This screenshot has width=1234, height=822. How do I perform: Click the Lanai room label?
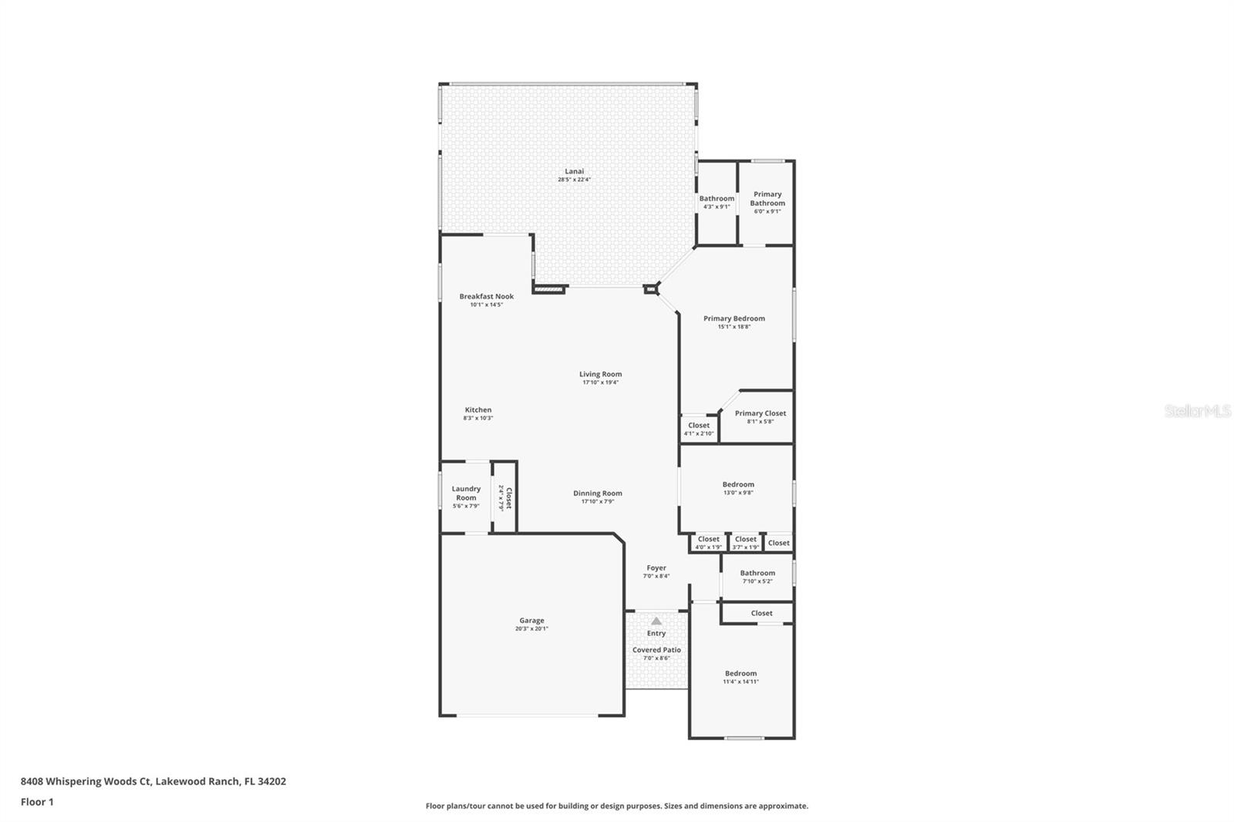point(574,171)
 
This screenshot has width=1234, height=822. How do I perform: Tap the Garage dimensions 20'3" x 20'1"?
point(531,629)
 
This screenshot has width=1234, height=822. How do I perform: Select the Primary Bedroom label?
point(733,318)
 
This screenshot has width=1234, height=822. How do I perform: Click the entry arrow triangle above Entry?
point(656,621)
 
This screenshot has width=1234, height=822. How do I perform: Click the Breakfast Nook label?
point(486,296)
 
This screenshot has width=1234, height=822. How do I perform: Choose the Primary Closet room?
point(760,416)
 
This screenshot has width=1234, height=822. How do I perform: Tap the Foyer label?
point(656,568)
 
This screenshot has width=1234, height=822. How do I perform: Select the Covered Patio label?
point(656,650)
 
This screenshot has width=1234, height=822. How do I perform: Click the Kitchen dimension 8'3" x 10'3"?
point(478,418)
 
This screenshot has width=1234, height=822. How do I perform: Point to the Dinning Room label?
point(597,494)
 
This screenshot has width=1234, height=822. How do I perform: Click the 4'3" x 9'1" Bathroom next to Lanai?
point(716,202)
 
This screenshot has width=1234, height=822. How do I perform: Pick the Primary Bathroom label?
point(767,199)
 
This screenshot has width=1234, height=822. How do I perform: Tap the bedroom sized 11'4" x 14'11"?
point(740,677)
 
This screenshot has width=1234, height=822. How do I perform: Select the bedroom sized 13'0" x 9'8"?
point(738,488)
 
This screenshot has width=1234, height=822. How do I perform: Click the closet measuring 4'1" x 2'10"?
point(699,429)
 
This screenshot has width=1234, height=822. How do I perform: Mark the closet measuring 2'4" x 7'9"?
point(504,497)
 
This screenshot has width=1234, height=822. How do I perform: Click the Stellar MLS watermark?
point(1197,411)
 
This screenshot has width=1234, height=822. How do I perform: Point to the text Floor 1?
point(37,802)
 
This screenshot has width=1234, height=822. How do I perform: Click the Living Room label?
point(600,374)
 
